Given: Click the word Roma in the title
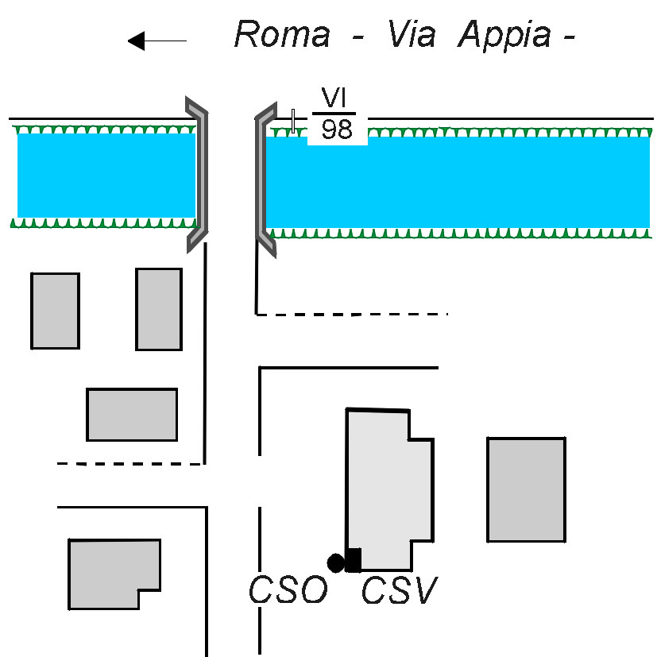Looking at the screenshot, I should click(x=281, y=36).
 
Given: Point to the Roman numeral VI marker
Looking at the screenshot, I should click(x=335, y=99).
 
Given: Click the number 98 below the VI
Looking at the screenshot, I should click(x=337, y=129).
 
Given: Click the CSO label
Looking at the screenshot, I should click(x=288, y=591).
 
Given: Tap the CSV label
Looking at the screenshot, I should click(x=400, y=591).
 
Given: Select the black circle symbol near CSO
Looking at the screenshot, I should click(x=336, y=563).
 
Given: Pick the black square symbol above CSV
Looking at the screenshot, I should click(x=354, y=560).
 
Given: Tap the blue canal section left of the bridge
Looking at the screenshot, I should click(x=106, y=175).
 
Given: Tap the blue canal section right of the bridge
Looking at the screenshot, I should click(x=457, y=183).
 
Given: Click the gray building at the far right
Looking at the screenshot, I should click(x=526, y=489).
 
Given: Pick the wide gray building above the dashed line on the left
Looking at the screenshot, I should click(x=132, y=414).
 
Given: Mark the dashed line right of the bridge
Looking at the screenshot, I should click(x=354, y=315).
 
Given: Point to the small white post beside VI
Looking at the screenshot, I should click(x=293, y=121).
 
